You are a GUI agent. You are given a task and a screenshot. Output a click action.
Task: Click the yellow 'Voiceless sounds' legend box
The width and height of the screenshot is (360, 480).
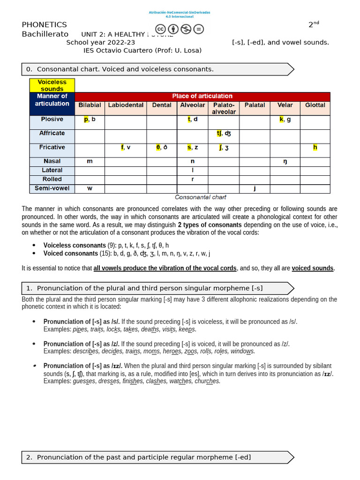[52, 85]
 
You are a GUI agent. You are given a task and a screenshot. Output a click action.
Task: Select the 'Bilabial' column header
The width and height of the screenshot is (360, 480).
[90, 105]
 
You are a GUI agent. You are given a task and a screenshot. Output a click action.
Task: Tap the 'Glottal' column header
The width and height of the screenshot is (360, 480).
[315, 105]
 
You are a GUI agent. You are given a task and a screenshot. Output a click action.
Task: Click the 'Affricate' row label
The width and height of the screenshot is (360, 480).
[52, 133]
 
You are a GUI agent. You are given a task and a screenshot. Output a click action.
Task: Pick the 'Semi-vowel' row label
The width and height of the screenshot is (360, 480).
[52, 188]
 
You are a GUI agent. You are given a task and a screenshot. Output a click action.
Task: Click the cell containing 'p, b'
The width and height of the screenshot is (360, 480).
[90, 119]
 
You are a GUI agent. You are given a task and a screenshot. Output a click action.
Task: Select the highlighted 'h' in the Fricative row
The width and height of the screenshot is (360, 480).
[315, 147]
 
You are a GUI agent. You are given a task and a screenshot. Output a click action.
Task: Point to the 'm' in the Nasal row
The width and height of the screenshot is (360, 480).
[90, 161]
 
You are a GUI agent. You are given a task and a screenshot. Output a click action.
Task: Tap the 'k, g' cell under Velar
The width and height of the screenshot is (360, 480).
[285, 119]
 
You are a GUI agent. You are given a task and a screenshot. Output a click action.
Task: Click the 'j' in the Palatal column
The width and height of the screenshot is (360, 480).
[255, 188]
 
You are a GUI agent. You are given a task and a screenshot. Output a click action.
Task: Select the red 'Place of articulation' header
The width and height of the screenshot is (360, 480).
[202, 96]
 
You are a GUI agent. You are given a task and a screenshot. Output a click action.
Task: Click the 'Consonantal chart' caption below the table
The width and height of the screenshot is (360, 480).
[201, 197]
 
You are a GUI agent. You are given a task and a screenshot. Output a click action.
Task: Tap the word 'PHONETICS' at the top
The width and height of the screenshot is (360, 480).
[45, 25]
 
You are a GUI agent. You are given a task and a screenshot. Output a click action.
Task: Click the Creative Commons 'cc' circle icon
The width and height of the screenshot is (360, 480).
[160, 29]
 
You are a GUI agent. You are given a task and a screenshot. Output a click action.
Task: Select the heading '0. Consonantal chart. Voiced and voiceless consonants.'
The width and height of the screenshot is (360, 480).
[125, 69]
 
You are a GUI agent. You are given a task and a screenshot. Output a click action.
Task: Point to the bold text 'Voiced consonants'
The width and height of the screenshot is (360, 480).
[71, 254]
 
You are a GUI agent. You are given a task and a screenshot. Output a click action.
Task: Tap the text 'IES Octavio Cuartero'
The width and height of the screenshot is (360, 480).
[115, 50]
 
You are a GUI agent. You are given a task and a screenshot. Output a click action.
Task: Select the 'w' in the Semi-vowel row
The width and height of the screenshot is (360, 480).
[90, 188]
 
